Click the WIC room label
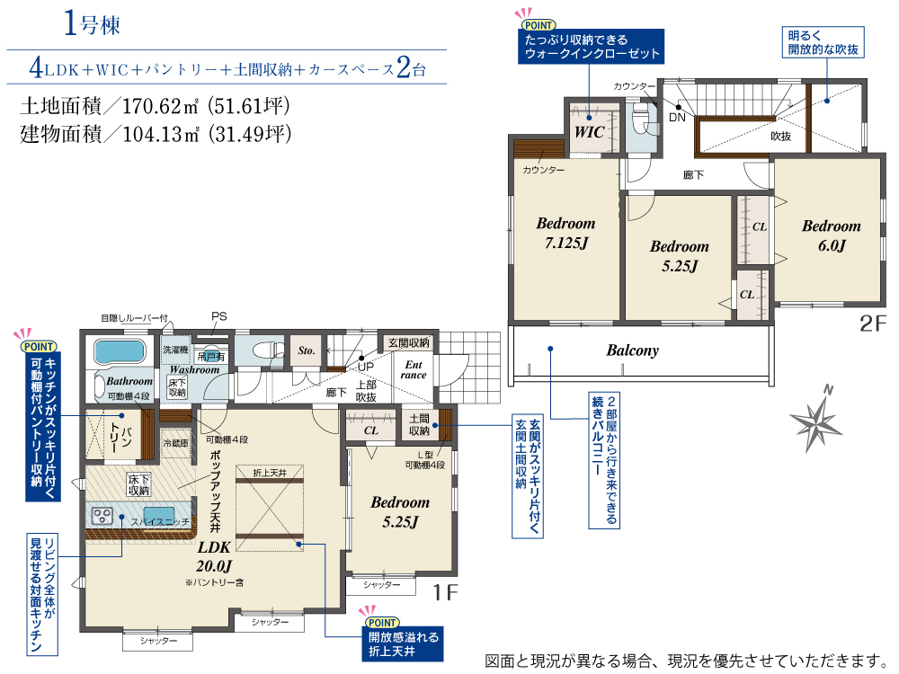pos(590,132)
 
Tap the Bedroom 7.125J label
pos(565,233)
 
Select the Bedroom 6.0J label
pos(832,235)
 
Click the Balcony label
pos(632,350)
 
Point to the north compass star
pos(815,421)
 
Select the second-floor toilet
pos(640,120)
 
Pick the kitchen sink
pos(159,513)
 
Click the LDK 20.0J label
pos(214,556)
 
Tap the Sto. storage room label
pos(307,350)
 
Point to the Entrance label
pos(414,369)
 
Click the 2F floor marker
pos(873,324)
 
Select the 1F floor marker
pos(445,592)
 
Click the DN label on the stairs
pos(677,118)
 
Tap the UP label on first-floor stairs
pos(366,367)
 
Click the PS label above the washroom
pos(219,316)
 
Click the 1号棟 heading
pos(91,24)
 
